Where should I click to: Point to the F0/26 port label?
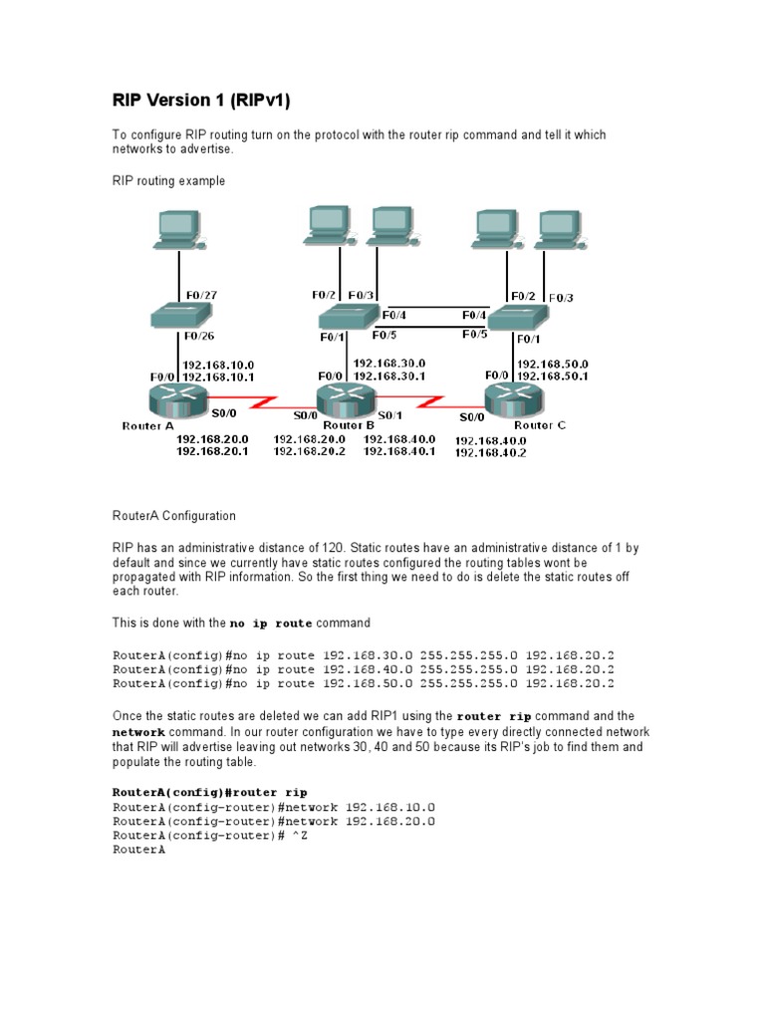tap(200, 336)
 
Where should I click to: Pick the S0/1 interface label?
tap(389, 414)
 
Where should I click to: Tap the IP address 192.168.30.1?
tap(389, 377)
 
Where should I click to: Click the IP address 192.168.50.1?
tap(553, 377)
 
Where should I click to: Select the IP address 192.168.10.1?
tap(218, 378)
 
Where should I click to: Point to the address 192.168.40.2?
tap(490, 452)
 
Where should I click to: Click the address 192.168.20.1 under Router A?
tap(212, 451)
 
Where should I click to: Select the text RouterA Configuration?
tap(173, 516)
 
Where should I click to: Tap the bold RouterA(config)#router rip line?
tap(202, 793)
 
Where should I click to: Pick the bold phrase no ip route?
tap(271, 624)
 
